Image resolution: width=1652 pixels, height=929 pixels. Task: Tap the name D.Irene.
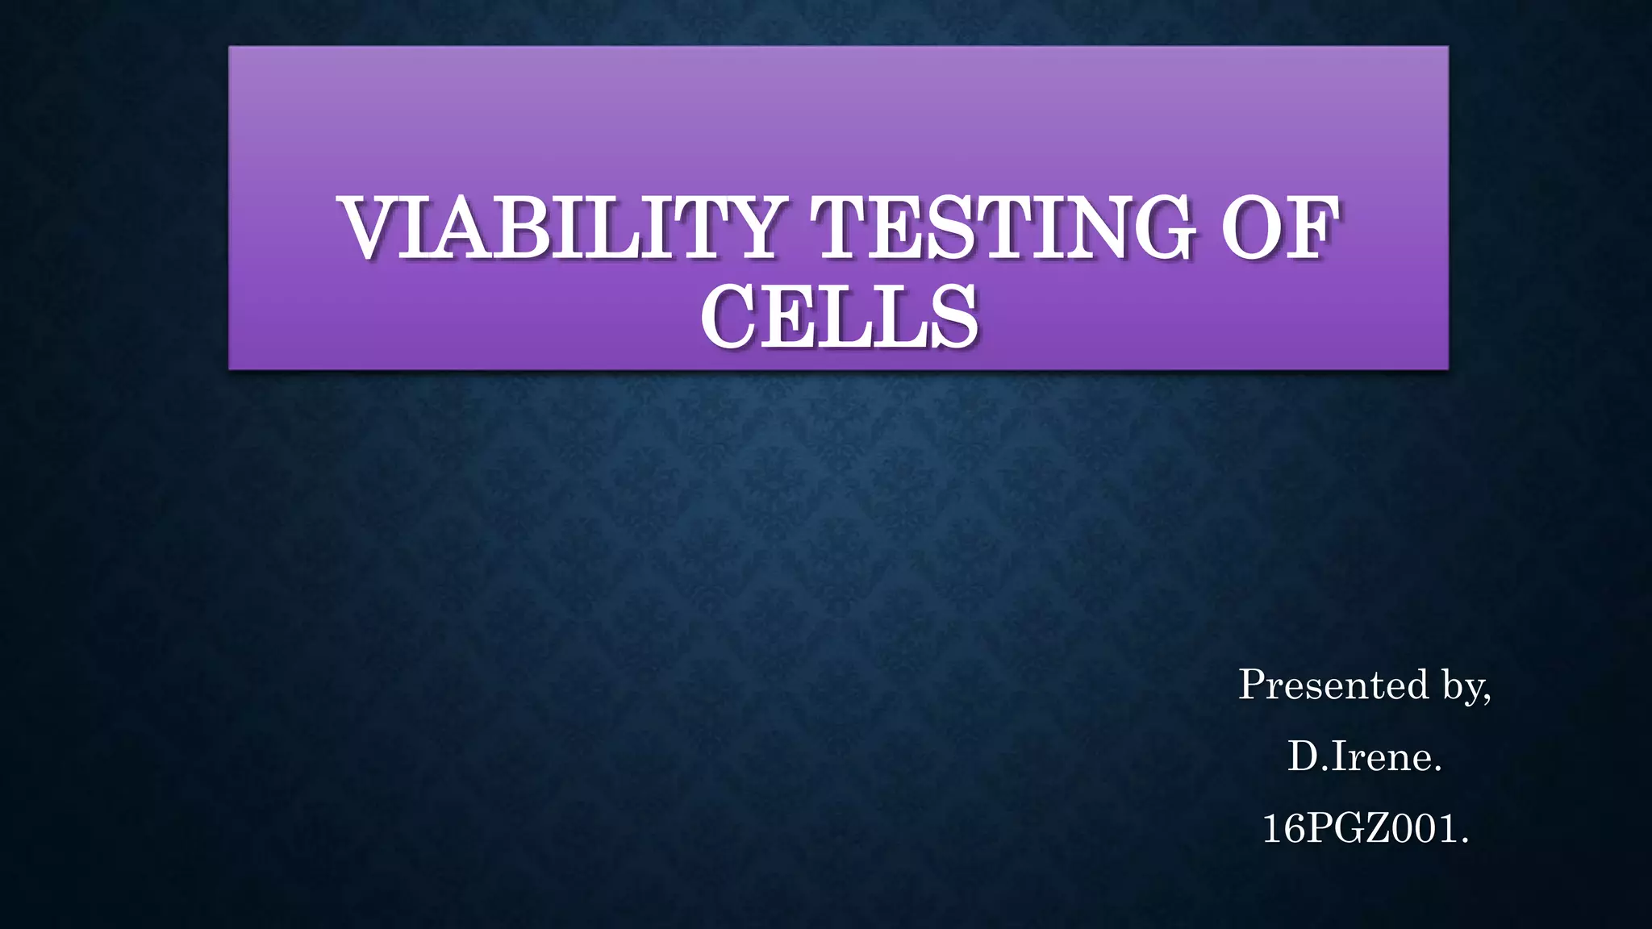coord(1365,756)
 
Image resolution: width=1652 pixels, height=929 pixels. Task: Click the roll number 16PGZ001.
coord(1365,828)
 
